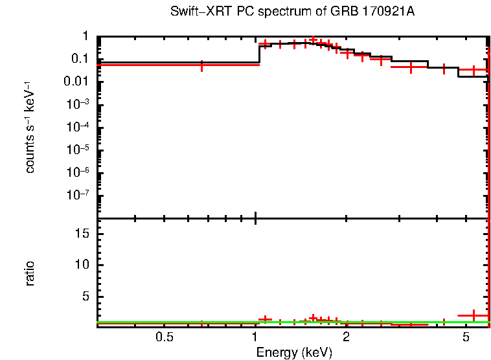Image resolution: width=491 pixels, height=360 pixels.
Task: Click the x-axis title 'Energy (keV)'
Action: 294,352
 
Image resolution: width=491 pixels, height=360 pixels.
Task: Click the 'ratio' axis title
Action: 30,273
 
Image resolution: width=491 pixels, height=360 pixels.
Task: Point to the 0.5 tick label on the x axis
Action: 165,338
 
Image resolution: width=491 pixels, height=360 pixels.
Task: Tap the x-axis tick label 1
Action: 255,338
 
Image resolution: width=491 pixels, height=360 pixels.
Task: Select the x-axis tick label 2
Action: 346,338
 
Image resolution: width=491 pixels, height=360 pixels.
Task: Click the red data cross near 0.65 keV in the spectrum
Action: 202,65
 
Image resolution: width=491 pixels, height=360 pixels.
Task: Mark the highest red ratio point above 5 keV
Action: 474,315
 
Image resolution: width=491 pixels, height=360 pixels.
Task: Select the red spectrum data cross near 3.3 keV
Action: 411,67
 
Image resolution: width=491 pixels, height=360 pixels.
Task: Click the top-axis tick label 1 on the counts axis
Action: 86,36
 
